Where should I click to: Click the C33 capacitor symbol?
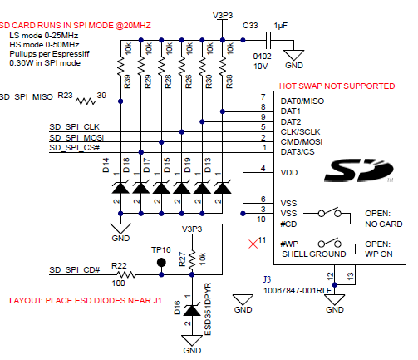[x=268, y=40]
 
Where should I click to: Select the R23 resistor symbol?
[x=86, y=101]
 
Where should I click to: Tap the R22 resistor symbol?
[x=125, y=274]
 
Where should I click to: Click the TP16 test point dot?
[x=161, y=262]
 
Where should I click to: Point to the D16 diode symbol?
[x=192, y=310]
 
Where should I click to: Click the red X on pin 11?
[x=253, y=244]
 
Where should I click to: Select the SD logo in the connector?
[x=359, y=170]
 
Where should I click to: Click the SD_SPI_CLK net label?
[x=74, y=127]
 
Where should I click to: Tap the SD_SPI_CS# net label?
[x=74, y=148]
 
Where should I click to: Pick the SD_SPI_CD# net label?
[x=75, y=270]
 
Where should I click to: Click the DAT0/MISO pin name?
[x=302, y=101]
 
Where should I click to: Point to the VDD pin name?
[x=289, y=173]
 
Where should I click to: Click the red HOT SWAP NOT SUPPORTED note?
[x=337, y=86]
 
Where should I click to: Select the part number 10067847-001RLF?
[x=298, y=291]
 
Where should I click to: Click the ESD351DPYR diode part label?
[x=208, y=309]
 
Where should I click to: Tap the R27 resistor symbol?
[x=192, y=260]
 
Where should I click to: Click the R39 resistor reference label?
[x=127, y=81]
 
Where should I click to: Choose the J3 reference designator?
[x=267, y=279]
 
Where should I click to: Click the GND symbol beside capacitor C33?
[x=294, y=56]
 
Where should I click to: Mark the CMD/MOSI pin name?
[x=302, y=142]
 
